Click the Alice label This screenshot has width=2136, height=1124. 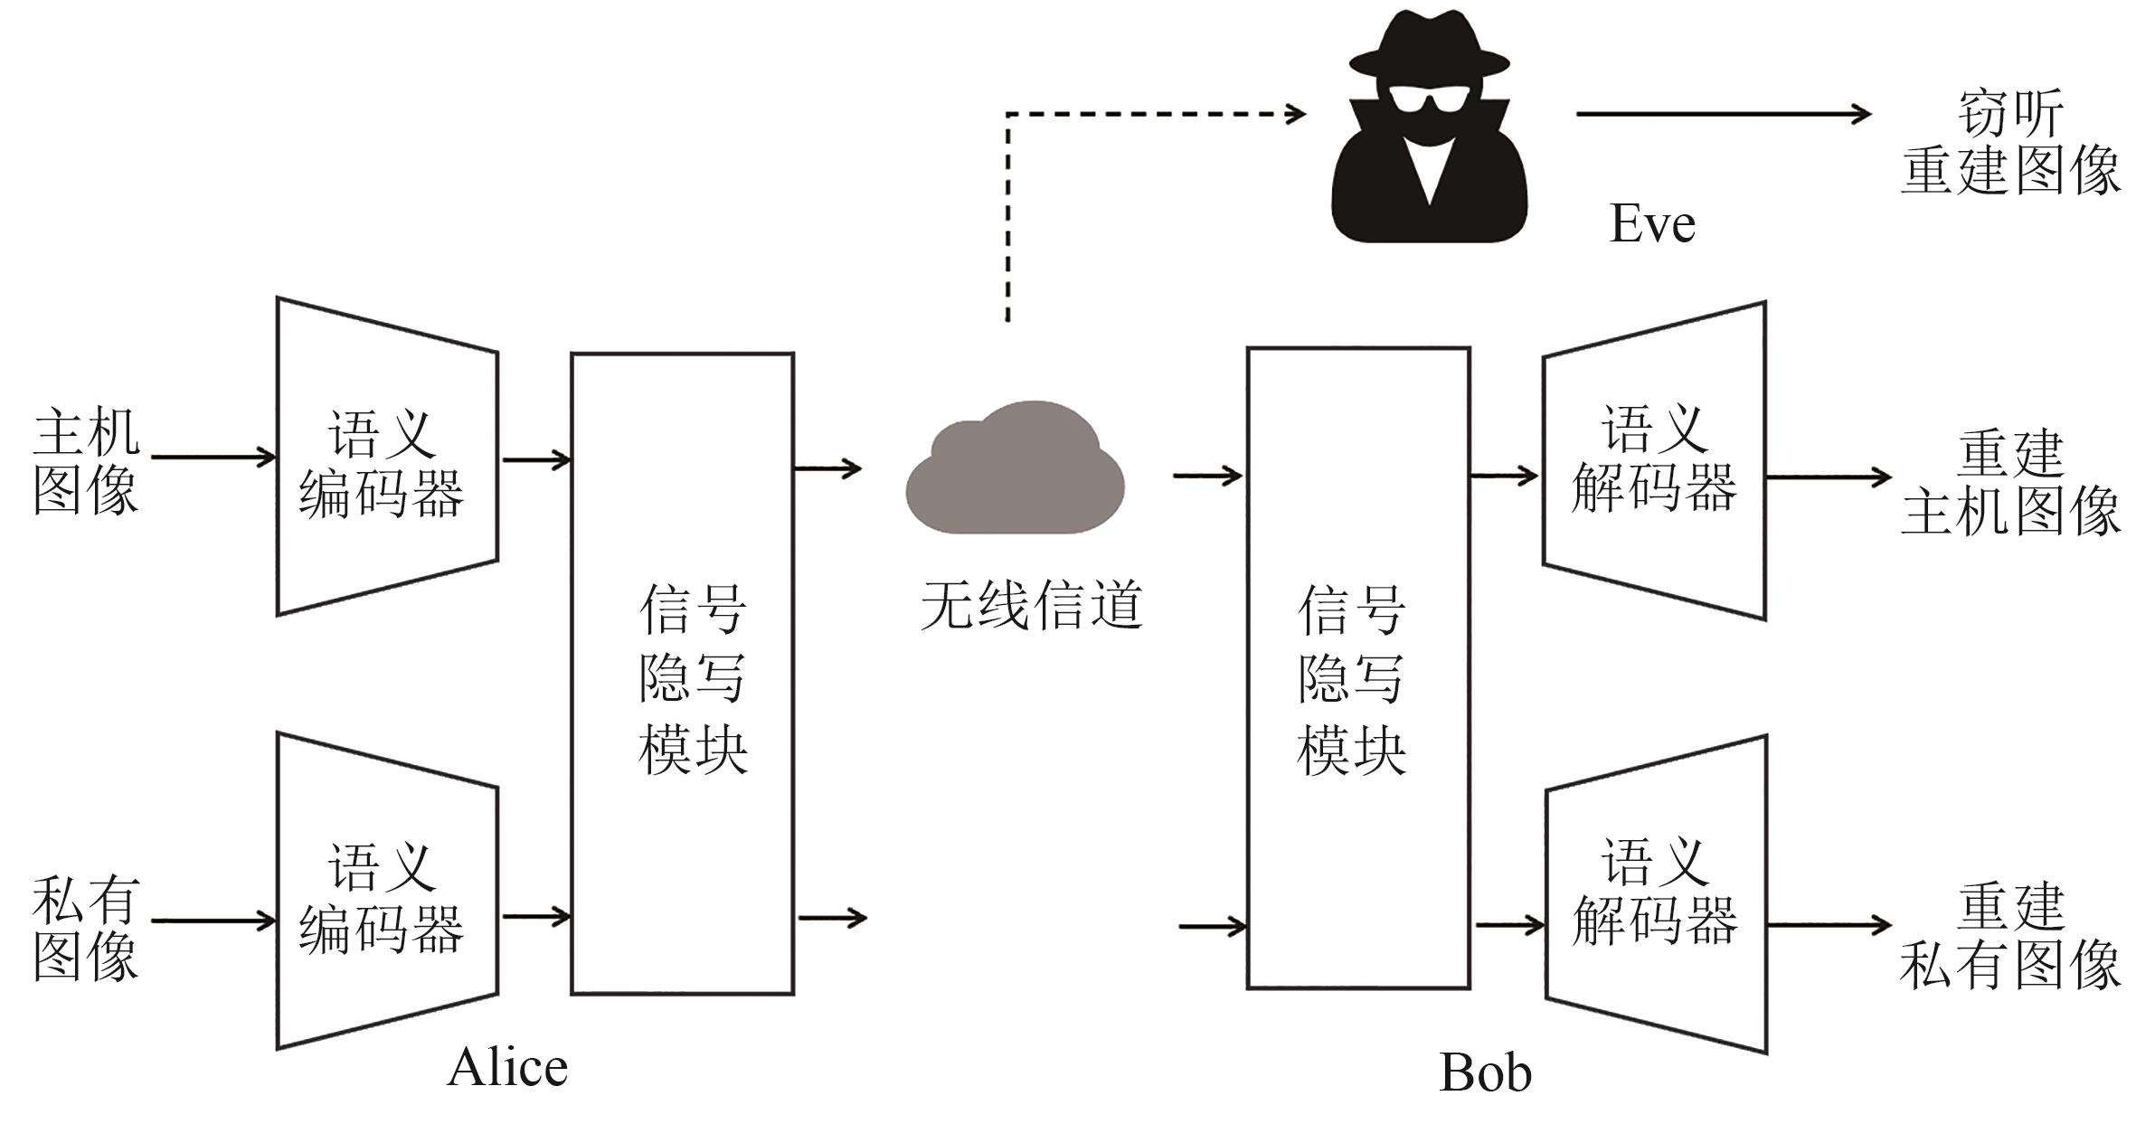tap(507, 1067)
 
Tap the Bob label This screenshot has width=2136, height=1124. tap(1485, 1072)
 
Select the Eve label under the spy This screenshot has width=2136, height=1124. tap(1651, 223)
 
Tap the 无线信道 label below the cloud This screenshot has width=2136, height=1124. tap(1031, 605)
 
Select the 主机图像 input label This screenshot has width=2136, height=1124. tap(86, 461)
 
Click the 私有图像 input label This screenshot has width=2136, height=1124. tap(86, 929)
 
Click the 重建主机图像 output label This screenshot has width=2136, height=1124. tap(2009, 483)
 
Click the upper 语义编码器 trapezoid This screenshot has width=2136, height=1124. tap(387, 458)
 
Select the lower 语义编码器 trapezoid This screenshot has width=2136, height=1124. tap(387, 892)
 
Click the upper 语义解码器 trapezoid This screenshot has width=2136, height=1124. tap(1654, 460)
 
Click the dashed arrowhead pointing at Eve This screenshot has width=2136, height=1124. tap(1295, 114)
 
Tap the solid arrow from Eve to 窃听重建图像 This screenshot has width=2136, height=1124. tap(1723, 114)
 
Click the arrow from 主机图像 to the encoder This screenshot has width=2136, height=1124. tap(213, 457)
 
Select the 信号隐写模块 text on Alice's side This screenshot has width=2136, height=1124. tap(692, 678)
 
